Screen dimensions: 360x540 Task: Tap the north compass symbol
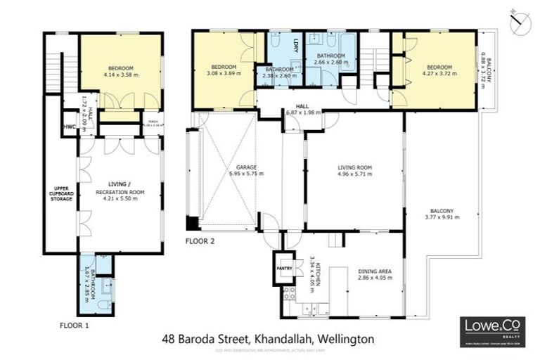(519, 20)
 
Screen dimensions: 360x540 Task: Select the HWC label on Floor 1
(69, 127)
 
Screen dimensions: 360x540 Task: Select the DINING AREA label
(374, 271)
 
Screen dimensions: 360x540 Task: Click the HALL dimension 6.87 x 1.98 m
(303, 112)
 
